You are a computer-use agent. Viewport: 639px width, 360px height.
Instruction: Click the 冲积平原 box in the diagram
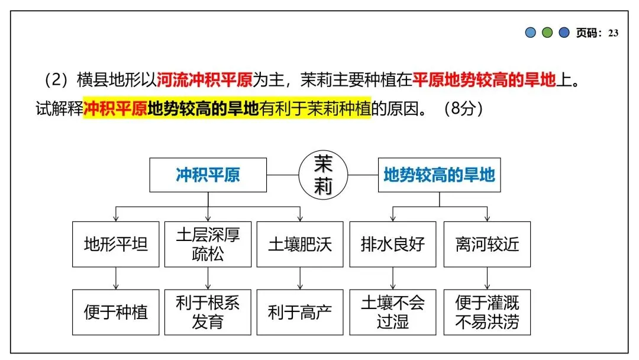[x=208, y=175]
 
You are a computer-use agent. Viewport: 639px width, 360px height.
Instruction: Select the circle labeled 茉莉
[x=323, y=175]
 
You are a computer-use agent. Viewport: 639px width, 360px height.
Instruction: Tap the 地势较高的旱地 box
[x=439, y=175]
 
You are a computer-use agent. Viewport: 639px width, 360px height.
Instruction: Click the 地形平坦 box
[x=115, y=244]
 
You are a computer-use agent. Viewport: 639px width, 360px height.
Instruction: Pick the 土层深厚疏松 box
[x=208, y=244]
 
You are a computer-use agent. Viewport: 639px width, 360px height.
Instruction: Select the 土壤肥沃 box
[x=300, y=244]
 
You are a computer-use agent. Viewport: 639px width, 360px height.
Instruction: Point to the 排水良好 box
[x=393, y=244]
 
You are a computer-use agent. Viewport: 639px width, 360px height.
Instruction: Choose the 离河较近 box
[x=487, y=244]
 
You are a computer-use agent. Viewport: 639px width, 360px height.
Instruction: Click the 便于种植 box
[x=115, y=312]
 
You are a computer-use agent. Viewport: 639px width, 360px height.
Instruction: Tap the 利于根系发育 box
[x=208, y=312]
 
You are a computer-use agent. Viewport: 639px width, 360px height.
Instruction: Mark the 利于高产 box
[x=300, y=312]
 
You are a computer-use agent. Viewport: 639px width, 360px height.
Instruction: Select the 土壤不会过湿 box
[x=393, y=312]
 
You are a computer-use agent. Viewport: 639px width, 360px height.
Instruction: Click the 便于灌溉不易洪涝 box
[x=487, y=312]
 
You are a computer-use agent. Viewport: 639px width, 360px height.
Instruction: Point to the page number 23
[x=613, y=33]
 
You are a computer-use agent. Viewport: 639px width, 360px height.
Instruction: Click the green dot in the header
[x=547, y=33]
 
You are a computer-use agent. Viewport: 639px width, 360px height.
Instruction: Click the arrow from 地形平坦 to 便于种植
[x=115, y=278]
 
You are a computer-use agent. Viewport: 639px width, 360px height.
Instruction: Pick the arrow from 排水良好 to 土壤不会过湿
[x=393, y=278]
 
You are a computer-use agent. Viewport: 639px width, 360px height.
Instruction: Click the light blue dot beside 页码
[x=531, y=33]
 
